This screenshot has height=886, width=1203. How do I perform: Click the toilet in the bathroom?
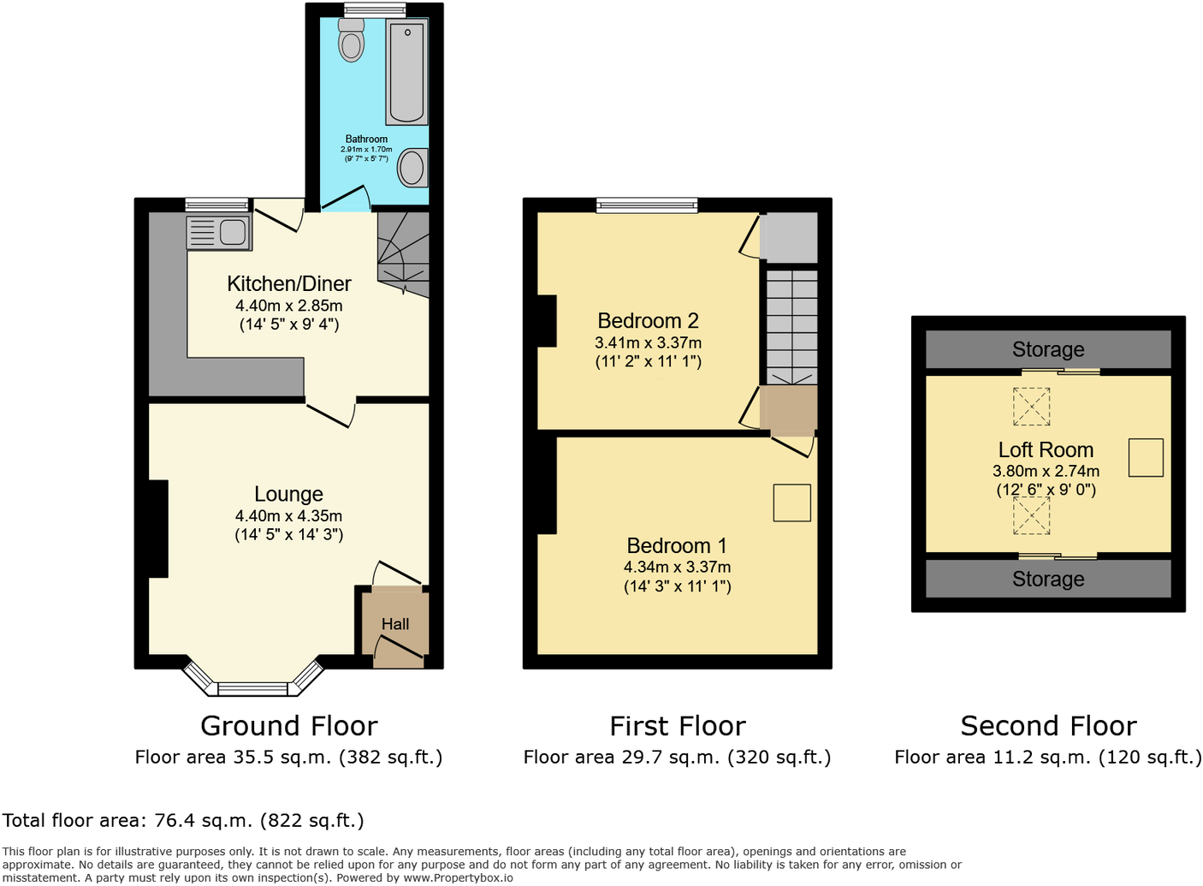(x=351, y=39)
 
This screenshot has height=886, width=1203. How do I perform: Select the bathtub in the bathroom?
(x=406, y=73)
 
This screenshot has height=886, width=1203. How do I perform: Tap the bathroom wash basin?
(x=412, y=168)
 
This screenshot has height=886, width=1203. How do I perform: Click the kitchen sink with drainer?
(x=219, y=232)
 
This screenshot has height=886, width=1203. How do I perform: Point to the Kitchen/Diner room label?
(x=289, y=284)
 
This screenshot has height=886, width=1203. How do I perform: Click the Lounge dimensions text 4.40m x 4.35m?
(x=289, y=516)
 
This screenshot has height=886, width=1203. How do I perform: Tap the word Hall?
(x=395, y=625)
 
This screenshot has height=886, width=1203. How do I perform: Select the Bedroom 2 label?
(x=648, y=321)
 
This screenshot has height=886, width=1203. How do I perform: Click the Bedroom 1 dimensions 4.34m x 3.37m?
(x=677, y=568)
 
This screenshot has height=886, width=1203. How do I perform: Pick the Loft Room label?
(x=1046, y=450)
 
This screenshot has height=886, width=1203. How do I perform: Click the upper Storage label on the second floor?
(x=1048, y=349)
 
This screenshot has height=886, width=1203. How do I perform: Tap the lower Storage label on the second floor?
(x=1048, y=580)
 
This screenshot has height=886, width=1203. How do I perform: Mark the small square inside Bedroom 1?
(x=791, y=502)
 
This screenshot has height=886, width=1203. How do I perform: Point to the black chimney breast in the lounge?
(x=158, y=528)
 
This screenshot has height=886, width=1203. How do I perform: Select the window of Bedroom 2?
(x=647, y=205)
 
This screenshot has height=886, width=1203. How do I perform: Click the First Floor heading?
(x=677, y=727)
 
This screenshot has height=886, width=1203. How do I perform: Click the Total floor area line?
(x=183, y=821)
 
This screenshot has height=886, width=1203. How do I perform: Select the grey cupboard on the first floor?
(x=788, y=237)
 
